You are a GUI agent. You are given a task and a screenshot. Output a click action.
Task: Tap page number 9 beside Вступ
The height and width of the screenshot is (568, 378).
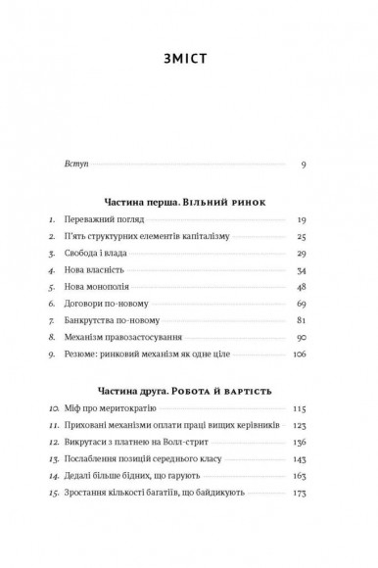click(305, 163)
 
